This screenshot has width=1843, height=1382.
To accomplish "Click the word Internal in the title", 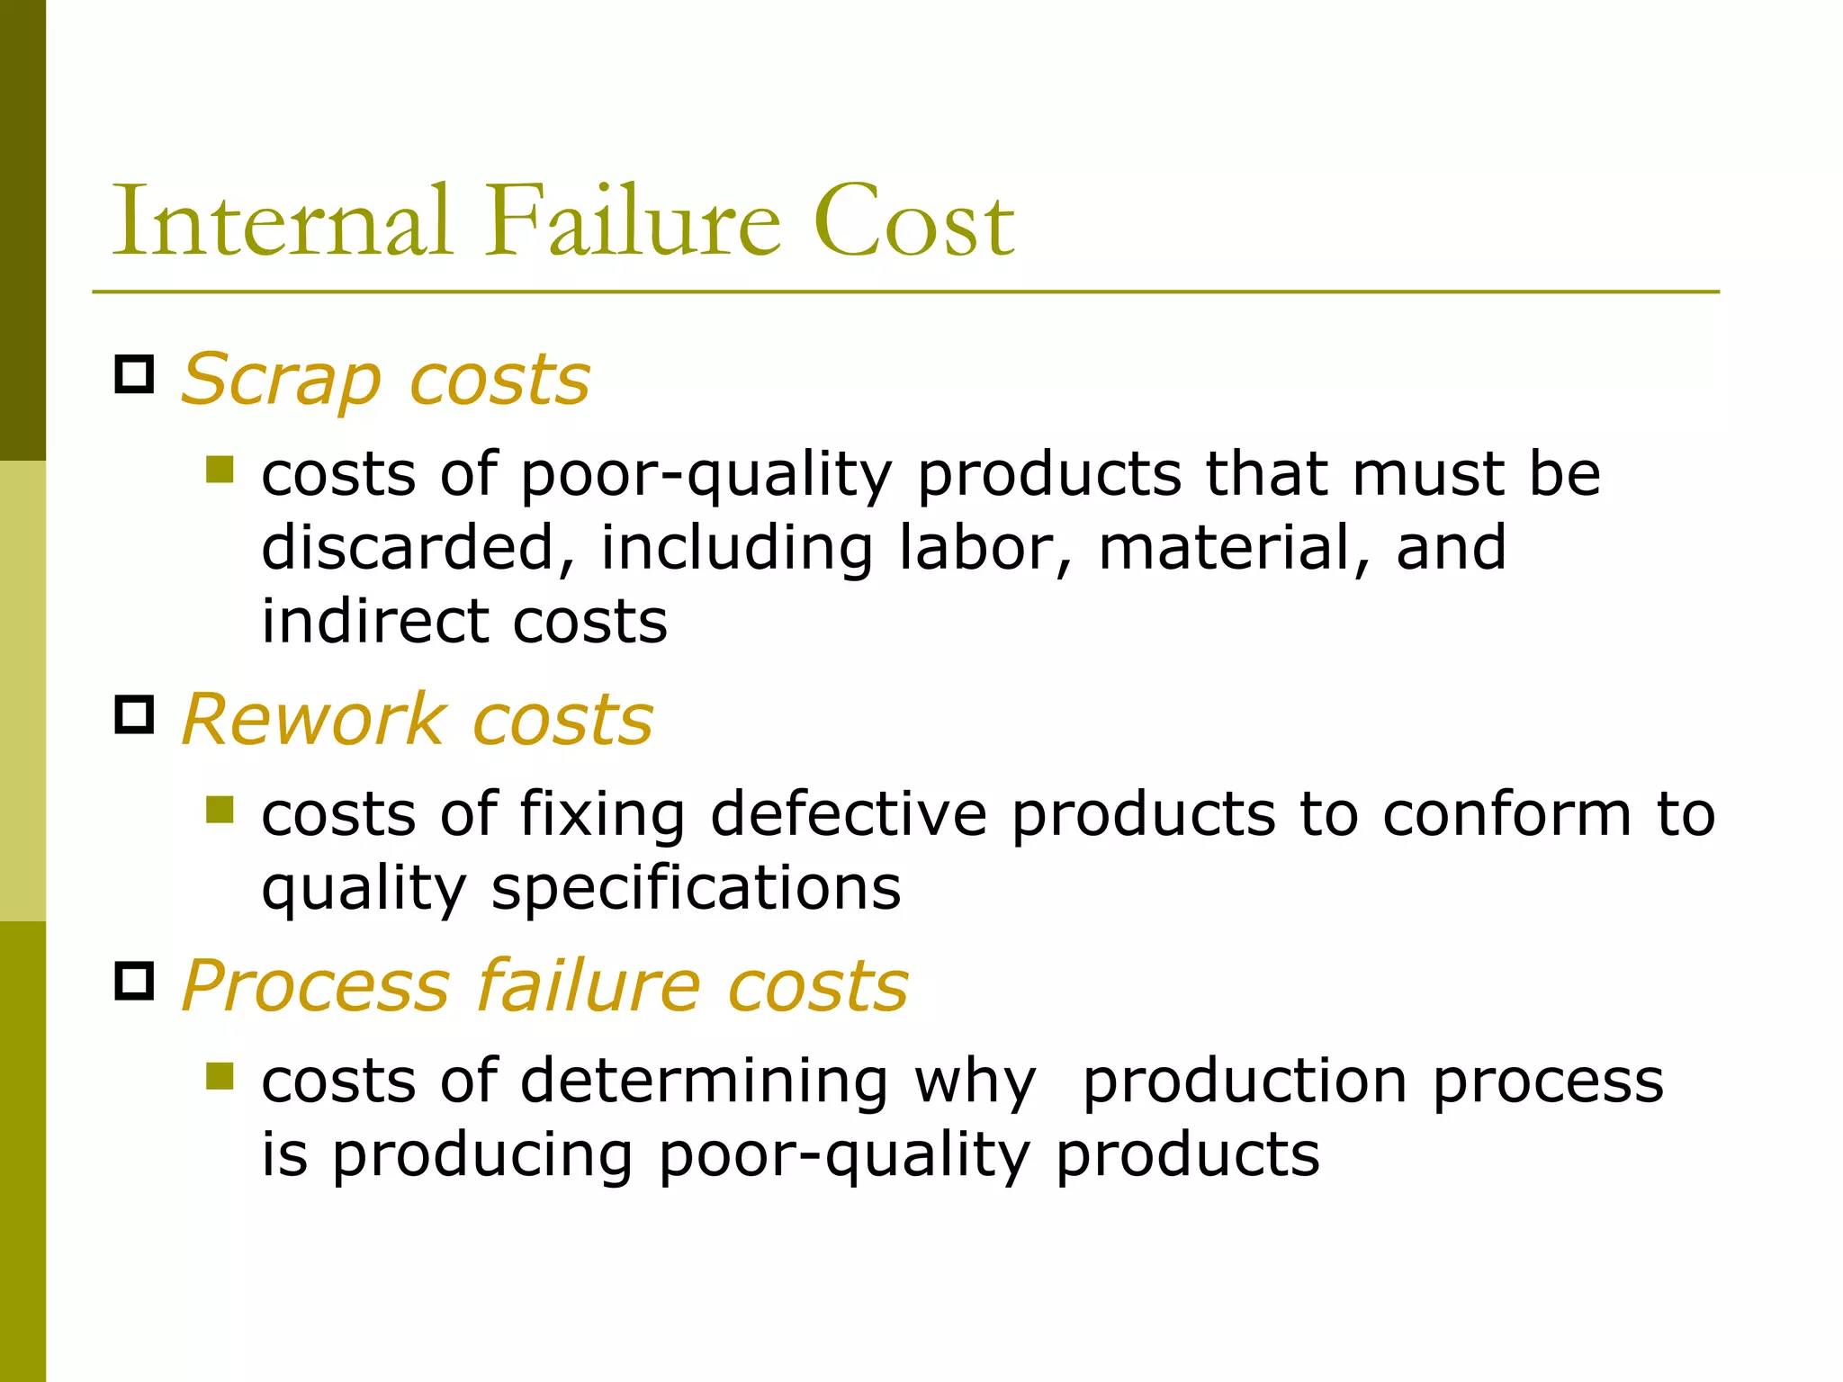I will click(281, 221).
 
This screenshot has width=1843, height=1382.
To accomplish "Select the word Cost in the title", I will click(913, 223).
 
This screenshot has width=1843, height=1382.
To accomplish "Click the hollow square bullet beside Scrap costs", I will click(135, 373).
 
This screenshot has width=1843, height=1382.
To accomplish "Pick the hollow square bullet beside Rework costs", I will click(135, 714).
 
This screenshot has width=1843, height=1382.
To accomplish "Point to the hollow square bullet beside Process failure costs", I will click(135, 981).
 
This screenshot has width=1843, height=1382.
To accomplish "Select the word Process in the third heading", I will click(315, 986).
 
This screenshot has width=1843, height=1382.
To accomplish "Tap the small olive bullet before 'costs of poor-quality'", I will click(219, 470).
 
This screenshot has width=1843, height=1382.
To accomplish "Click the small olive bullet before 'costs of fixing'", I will click(219, 810).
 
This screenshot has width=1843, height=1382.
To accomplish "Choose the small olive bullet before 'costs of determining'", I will click(219, 1076).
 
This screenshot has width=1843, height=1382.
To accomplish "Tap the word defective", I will click(849, 813).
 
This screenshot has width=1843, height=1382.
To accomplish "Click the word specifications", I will click(696, 889).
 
